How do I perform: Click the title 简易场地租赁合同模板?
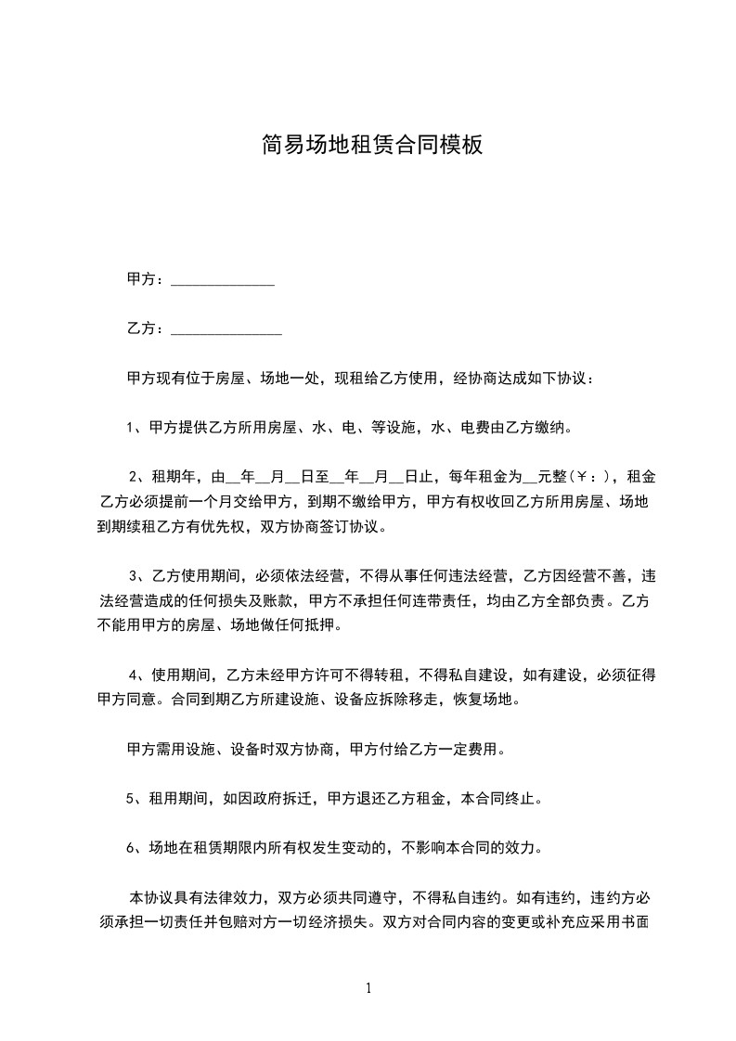coord(372,145)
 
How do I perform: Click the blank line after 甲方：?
coord(223,280)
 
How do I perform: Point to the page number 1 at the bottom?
coord(368,987)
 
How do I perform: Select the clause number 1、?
coord(134,428)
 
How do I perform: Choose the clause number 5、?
coord(134,797)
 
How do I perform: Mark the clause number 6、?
coord(134,847)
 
